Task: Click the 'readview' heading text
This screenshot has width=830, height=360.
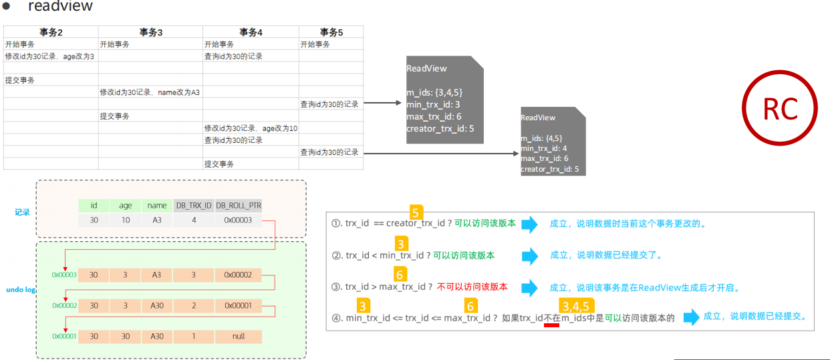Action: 60,7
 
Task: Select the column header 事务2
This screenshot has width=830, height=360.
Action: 51,32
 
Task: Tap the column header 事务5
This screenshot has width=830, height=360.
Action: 331,32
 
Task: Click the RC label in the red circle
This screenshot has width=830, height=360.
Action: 780,109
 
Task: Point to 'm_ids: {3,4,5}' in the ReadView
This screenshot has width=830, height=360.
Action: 434,92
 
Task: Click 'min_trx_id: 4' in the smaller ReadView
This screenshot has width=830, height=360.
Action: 544,148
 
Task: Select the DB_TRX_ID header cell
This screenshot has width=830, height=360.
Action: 193,206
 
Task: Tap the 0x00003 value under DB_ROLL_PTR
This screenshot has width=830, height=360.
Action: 238,220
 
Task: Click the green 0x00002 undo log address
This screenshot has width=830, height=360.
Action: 64,305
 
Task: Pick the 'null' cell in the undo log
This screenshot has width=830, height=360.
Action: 238,336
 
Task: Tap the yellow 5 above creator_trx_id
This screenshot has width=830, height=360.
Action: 415,213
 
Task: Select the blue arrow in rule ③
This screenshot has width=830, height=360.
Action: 529,287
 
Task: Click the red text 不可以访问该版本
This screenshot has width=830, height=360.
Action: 472,287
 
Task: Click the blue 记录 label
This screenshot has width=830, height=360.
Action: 23,212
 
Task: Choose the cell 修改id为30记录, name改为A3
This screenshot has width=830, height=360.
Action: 150,92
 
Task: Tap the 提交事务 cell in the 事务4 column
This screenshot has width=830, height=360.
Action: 219,164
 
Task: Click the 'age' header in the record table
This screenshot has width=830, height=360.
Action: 126,206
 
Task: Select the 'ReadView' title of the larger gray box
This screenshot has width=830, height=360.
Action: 426,69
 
